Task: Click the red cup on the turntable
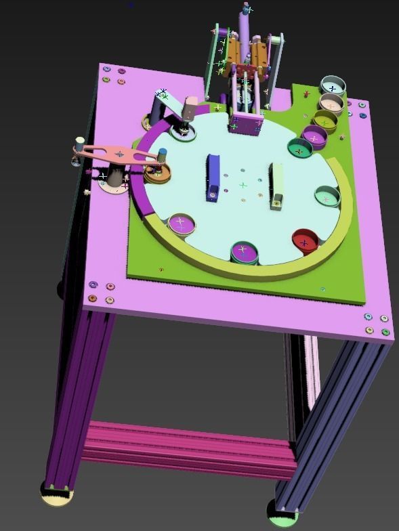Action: tap(304, 240)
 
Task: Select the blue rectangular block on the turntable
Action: tap(213, 177)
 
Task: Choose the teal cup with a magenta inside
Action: tap(299, 148)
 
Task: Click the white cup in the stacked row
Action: tap(333, 87)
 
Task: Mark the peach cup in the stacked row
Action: tap(331, 104)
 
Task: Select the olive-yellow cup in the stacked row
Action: tap(325, 121)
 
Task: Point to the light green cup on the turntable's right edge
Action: tap(326, 197)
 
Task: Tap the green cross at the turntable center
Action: tap(243, 184)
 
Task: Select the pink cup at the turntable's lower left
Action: tap(181, 224)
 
